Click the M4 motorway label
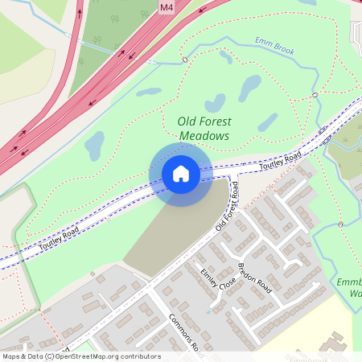click(x=167, y=7)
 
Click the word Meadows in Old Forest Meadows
click(x=204, y=136)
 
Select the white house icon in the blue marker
click(x=181, y=174)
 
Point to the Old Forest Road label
click(x=228, y=207)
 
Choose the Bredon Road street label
click(x=255, y=278)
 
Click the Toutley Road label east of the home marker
click(x=280, y=161)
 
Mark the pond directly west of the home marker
click(x=95, y=146)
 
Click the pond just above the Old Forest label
click(x=215, y=103)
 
